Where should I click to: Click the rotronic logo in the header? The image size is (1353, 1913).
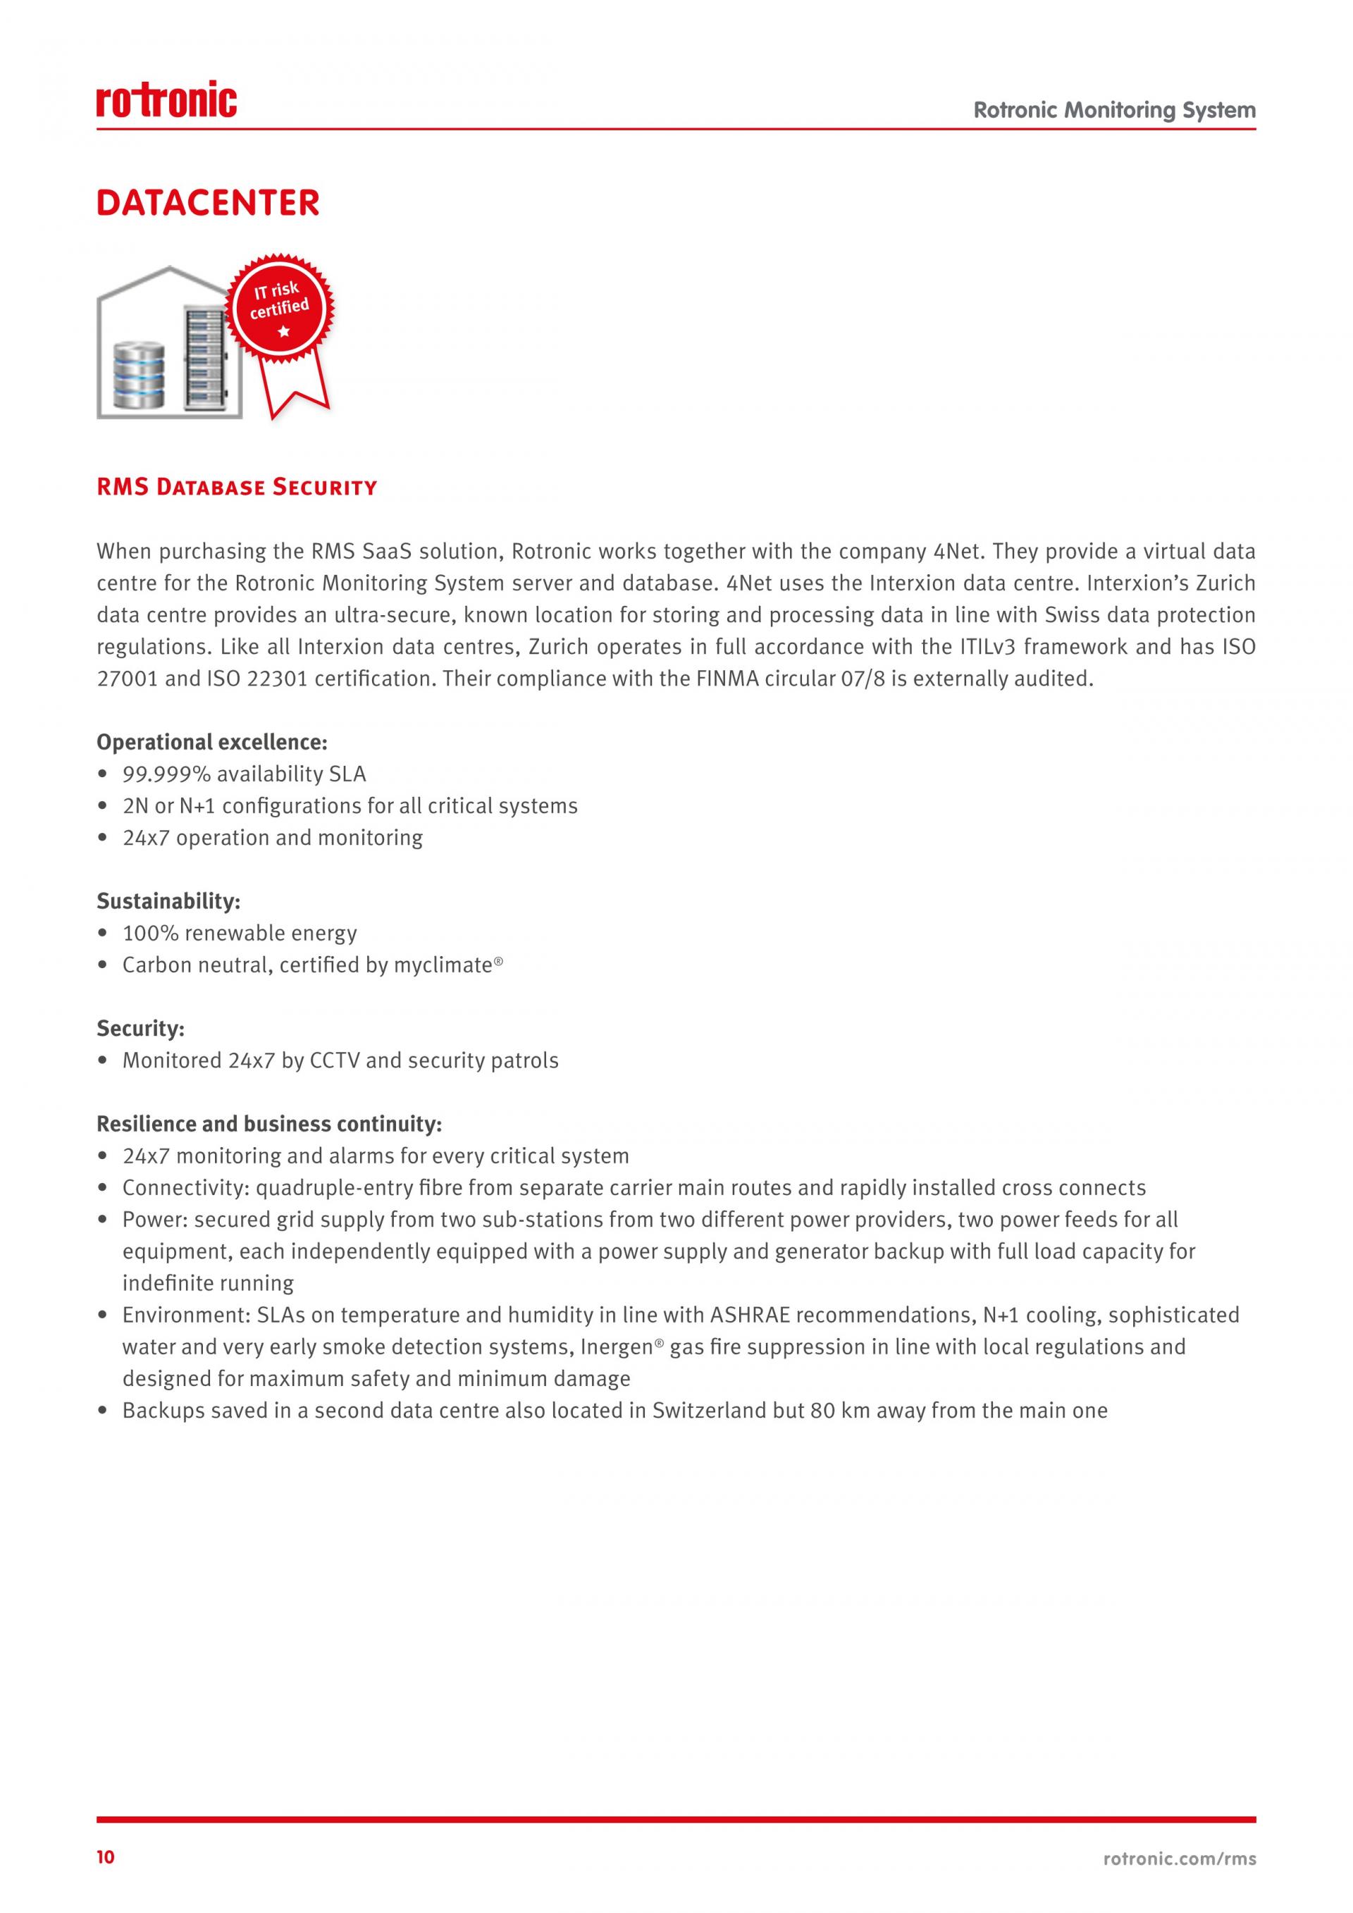tap(166, 100)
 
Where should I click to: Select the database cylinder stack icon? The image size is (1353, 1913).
tap(139, 374)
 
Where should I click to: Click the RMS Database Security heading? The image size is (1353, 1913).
tap(237, 488)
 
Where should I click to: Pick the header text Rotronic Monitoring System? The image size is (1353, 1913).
tap(1114, 110)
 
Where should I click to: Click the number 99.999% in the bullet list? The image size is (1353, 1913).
tap(166, 774)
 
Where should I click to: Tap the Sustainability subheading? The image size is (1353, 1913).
tap(168, 900)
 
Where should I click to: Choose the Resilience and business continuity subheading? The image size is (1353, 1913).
tap(268, 1124)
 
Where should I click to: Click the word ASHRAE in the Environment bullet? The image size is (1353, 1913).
tap(753, 1315)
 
